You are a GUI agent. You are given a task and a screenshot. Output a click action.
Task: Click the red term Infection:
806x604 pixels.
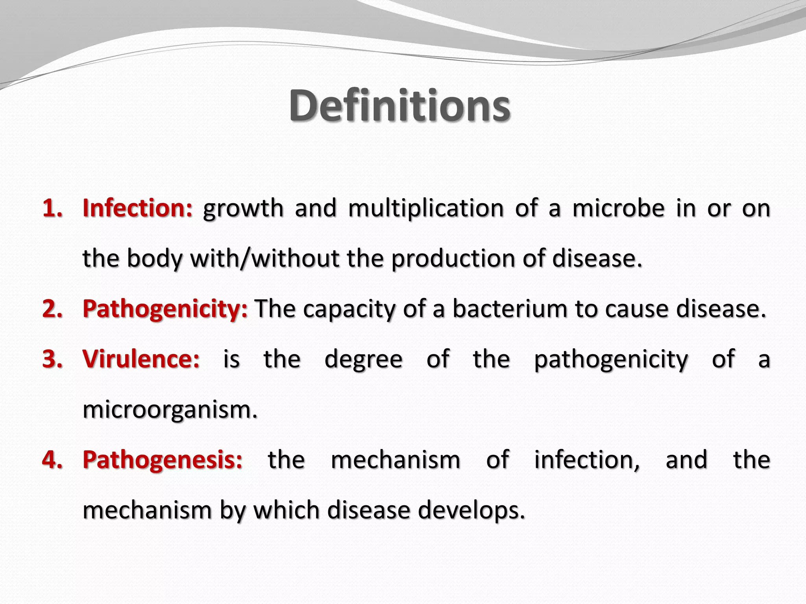pos(137,208)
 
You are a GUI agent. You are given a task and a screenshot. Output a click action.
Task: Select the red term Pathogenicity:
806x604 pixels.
pos(165,309)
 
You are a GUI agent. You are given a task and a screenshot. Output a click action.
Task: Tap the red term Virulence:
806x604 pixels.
pos(141,359)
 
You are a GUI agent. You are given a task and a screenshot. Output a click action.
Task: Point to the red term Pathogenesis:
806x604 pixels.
pos(163,459)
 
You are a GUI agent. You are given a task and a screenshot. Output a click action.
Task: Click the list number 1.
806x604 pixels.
pos(52,208)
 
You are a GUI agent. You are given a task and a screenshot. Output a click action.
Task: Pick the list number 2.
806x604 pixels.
pos(52,309)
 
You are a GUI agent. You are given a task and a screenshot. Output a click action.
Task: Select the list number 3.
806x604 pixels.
pos(52,359)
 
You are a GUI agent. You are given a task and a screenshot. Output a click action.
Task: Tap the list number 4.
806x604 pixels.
pos(52,459)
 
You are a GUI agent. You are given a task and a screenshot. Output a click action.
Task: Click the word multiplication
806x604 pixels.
pos(426,209)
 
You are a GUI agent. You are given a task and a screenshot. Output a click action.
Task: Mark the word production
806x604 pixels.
pos(453,259)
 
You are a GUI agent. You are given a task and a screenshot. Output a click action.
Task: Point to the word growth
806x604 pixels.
pos(243,209)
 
